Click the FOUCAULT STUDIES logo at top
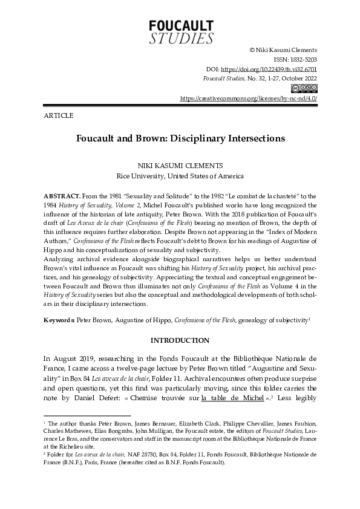pos(181,31)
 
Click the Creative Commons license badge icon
pos(309,88)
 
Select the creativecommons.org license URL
pos(249,98)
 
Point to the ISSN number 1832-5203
pos(302,60)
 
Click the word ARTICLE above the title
pos(59,115)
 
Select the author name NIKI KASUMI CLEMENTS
pos(180,166)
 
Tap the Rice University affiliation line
pos(180,177)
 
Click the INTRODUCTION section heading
pos(180,340)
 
